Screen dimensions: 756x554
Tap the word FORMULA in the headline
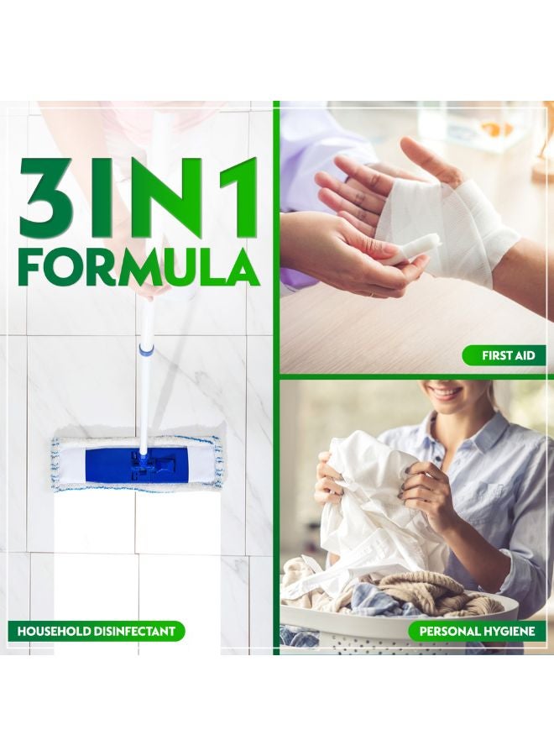tap(138, 266)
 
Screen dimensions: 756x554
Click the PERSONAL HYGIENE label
tap(477, 631)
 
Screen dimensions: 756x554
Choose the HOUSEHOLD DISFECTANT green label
tap(97, 631)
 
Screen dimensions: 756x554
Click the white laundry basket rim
tap(395, 622)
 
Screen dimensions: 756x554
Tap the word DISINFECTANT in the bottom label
tap(136, 631)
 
